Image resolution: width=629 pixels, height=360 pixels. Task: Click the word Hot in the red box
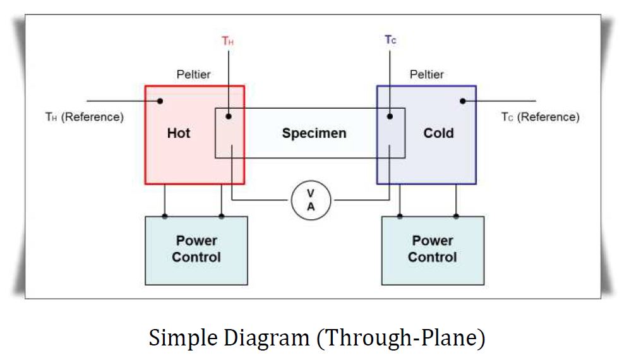(178, 133)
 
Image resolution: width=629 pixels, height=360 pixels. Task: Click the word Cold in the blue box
(438, 133)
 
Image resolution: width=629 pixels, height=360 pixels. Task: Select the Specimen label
(314, 133)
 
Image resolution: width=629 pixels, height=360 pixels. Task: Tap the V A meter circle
(311, 201)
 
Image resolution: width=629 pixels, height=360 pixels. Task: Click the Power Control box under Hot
(196, 249)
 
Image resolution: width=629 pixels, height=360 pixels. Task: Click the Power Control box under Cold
(433, 249)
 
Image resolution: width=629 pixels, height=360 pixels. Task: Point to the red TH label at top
(228, 41)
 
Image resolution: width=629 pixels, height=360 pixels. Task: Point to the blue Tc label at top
(390, 40)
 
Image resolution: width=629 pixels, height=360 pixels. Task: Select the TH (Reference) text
(84, 117)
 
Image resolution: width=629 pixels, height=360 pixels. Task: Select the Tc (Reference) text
(540, 117)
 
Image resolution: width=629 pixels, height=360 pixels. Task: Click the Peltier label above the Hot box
(193, 75)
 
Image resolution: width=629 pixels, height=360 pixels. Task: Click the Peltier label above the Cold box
(426, 75)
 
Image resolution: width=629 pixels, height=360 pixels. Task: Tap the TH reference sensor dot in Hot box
(160, 101)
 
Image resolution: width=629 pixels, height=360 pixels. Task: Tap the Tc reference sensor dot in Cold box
(463, 101)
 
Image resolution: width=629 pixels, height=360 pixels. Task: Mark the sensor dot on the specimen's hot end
(229, 116)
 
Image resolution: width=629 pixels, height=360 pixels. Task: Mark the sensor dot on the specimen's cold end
(390, 116)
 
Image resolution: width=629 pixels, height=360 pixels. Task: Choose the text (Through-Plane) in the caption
(400, 338)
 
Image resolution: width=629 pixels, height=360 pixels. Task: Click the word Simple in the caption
(184, 338)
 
